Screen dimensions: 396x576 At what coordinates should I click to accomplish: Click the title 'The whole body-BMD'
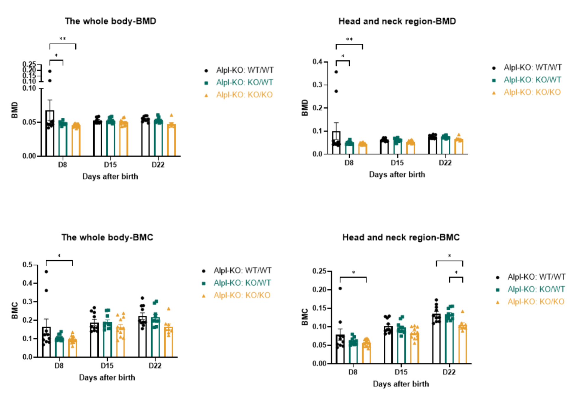click(110, 21)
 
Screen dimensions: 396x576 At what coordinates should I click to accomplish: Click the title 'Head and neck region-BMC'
click(401, 237)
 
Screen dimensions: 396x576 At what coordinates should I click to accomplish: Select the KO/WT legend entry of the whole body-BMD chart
click(244, 82)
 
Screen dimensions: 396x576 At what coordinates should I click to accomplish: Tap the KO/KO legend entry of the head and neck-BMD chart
click(532, 92)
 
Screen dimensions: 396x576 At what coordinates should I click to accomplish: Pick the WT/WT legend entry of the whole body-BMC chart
click(242, 271)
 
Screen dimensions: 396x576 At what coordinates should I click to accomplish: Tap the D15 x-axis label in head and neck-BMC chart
click(401, 372)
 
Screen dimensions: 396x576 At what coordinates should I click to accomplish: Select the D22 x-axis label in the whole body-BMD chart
click(158, 165)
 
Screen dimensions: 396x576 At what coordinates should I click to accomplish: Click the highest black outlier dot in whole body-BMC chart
click(46, 272)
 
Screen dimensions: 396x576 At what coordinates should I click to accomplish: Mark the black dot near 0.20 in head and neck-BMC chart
click(340, 288)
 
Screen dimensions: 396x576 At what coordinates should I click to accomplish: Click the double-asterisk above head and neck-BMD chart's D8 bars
click(349, 39)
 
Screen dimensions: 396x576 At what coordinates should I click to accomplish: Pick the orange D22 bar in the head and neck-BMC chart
click(463, 344)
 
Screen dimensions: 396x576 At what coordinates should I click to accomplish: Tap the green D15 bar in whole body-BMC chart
click(107, 340)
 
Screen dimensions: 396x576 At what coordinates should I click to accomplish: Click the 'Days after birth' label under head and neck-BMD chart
click(397, 175)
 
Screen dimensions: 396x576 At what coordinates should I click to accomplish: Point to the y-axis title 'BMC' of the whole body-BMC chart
click(14, 310)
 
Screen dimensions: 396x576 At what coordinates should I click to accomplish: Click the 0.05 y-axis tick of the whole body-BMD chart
click(29, 122)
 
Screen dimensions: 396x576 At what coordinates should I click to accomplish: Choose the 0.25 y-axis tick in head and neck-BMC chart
click(319, 271)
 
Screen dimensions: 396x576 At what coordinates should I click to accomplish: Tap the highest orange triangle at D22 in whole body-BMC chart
click(169, 309)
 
